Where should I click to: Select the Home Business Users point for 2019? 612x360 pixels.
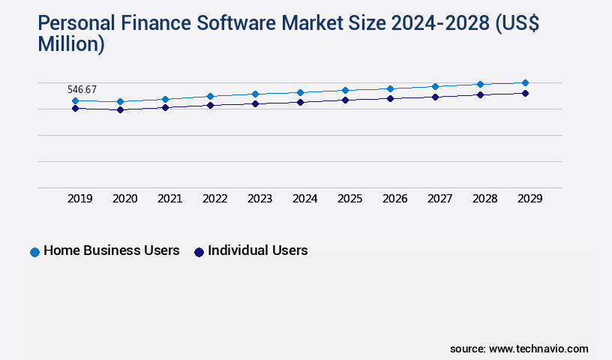[x=75, y=100]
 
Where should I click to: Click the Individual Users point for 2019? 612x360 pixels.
[x=75, y=108]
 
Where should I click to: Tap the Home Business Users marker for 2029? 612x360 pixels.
[x=525, y=82]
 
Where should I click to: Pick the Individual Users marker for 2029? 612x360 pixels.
[x=525, y=93]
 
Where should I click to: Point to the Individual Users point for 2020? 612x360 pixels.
[x=120, y=109]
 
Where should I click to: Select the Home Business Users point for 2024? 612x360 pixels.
[x=300, y=92]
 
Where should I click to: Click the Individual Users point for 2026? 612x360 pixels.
[x=390, y=98]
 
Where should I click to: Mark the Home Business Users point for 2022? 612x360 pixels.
[x=210, y=96]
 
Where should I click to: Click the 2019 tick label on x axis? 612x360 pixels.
[x=80, y=199]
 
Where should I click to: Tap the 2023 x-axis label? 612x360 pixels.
[x=260, y=199]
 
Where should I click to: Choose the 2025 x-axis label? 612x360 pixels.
[x=350, y=199]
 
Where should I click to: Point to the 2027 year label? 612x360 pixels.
[x=440, y=199]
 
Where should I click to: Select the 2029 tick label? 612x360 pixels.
[x=529, y=199]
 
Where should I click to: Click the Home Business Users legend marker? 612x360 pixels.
[x=34, y=252]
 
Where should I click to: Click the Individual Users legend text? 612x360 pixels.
[x=257, y=250]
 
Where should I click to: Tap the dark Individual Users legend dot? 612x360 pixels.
[x=199, y=252]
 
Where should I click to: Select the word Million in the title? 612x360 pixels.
[x=71, y=45]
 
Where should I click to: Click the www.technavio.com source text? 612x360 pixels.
[x=538, y=349]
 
